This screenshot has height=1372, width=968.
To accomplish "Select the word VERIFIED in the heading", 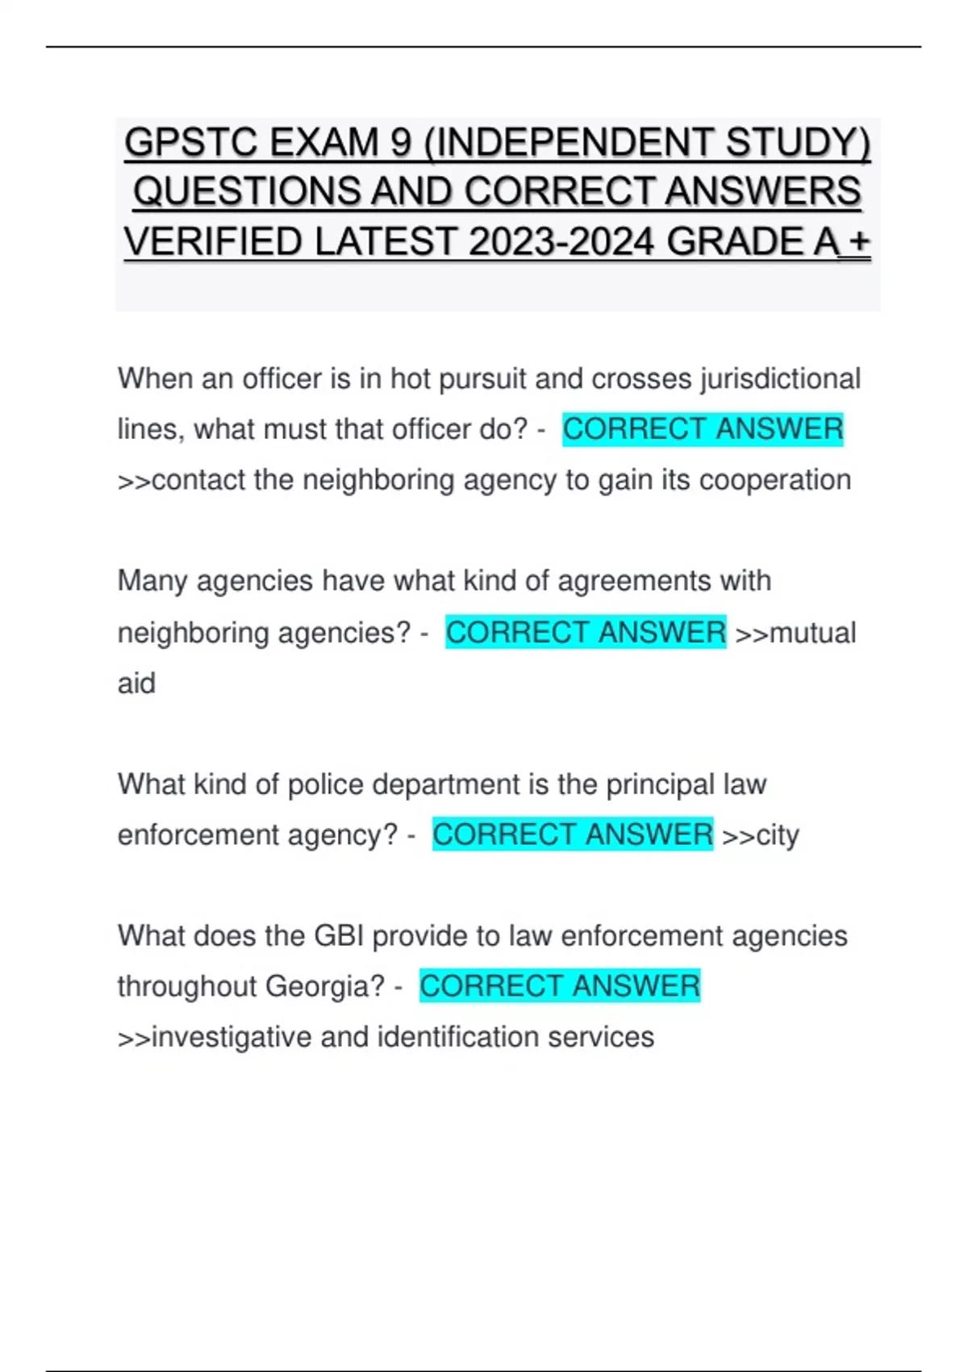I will coord(212,242).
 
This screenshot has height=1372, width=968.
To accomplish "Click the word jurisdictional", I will coord(780,379).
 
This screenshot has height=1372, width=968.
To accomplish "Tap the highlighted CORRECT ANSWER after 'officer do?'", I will coord(703,429).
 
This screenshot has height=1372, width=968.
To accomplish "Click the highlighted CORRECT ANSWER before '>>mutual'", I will coord(586,632).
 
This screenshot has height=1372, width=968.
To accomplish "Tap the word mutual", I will coord(812,633).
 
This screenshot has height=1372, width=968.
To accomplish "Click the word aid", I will coord(136,684).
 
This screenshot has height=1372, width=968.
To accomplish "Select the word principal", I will coord(660,784).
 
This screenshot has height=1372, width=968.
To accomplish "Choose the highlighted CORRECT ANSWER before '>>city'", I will coord(573,834).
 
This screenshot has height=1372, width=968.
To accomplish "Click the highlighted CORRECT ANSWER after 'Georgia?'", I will coord(560,986).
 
